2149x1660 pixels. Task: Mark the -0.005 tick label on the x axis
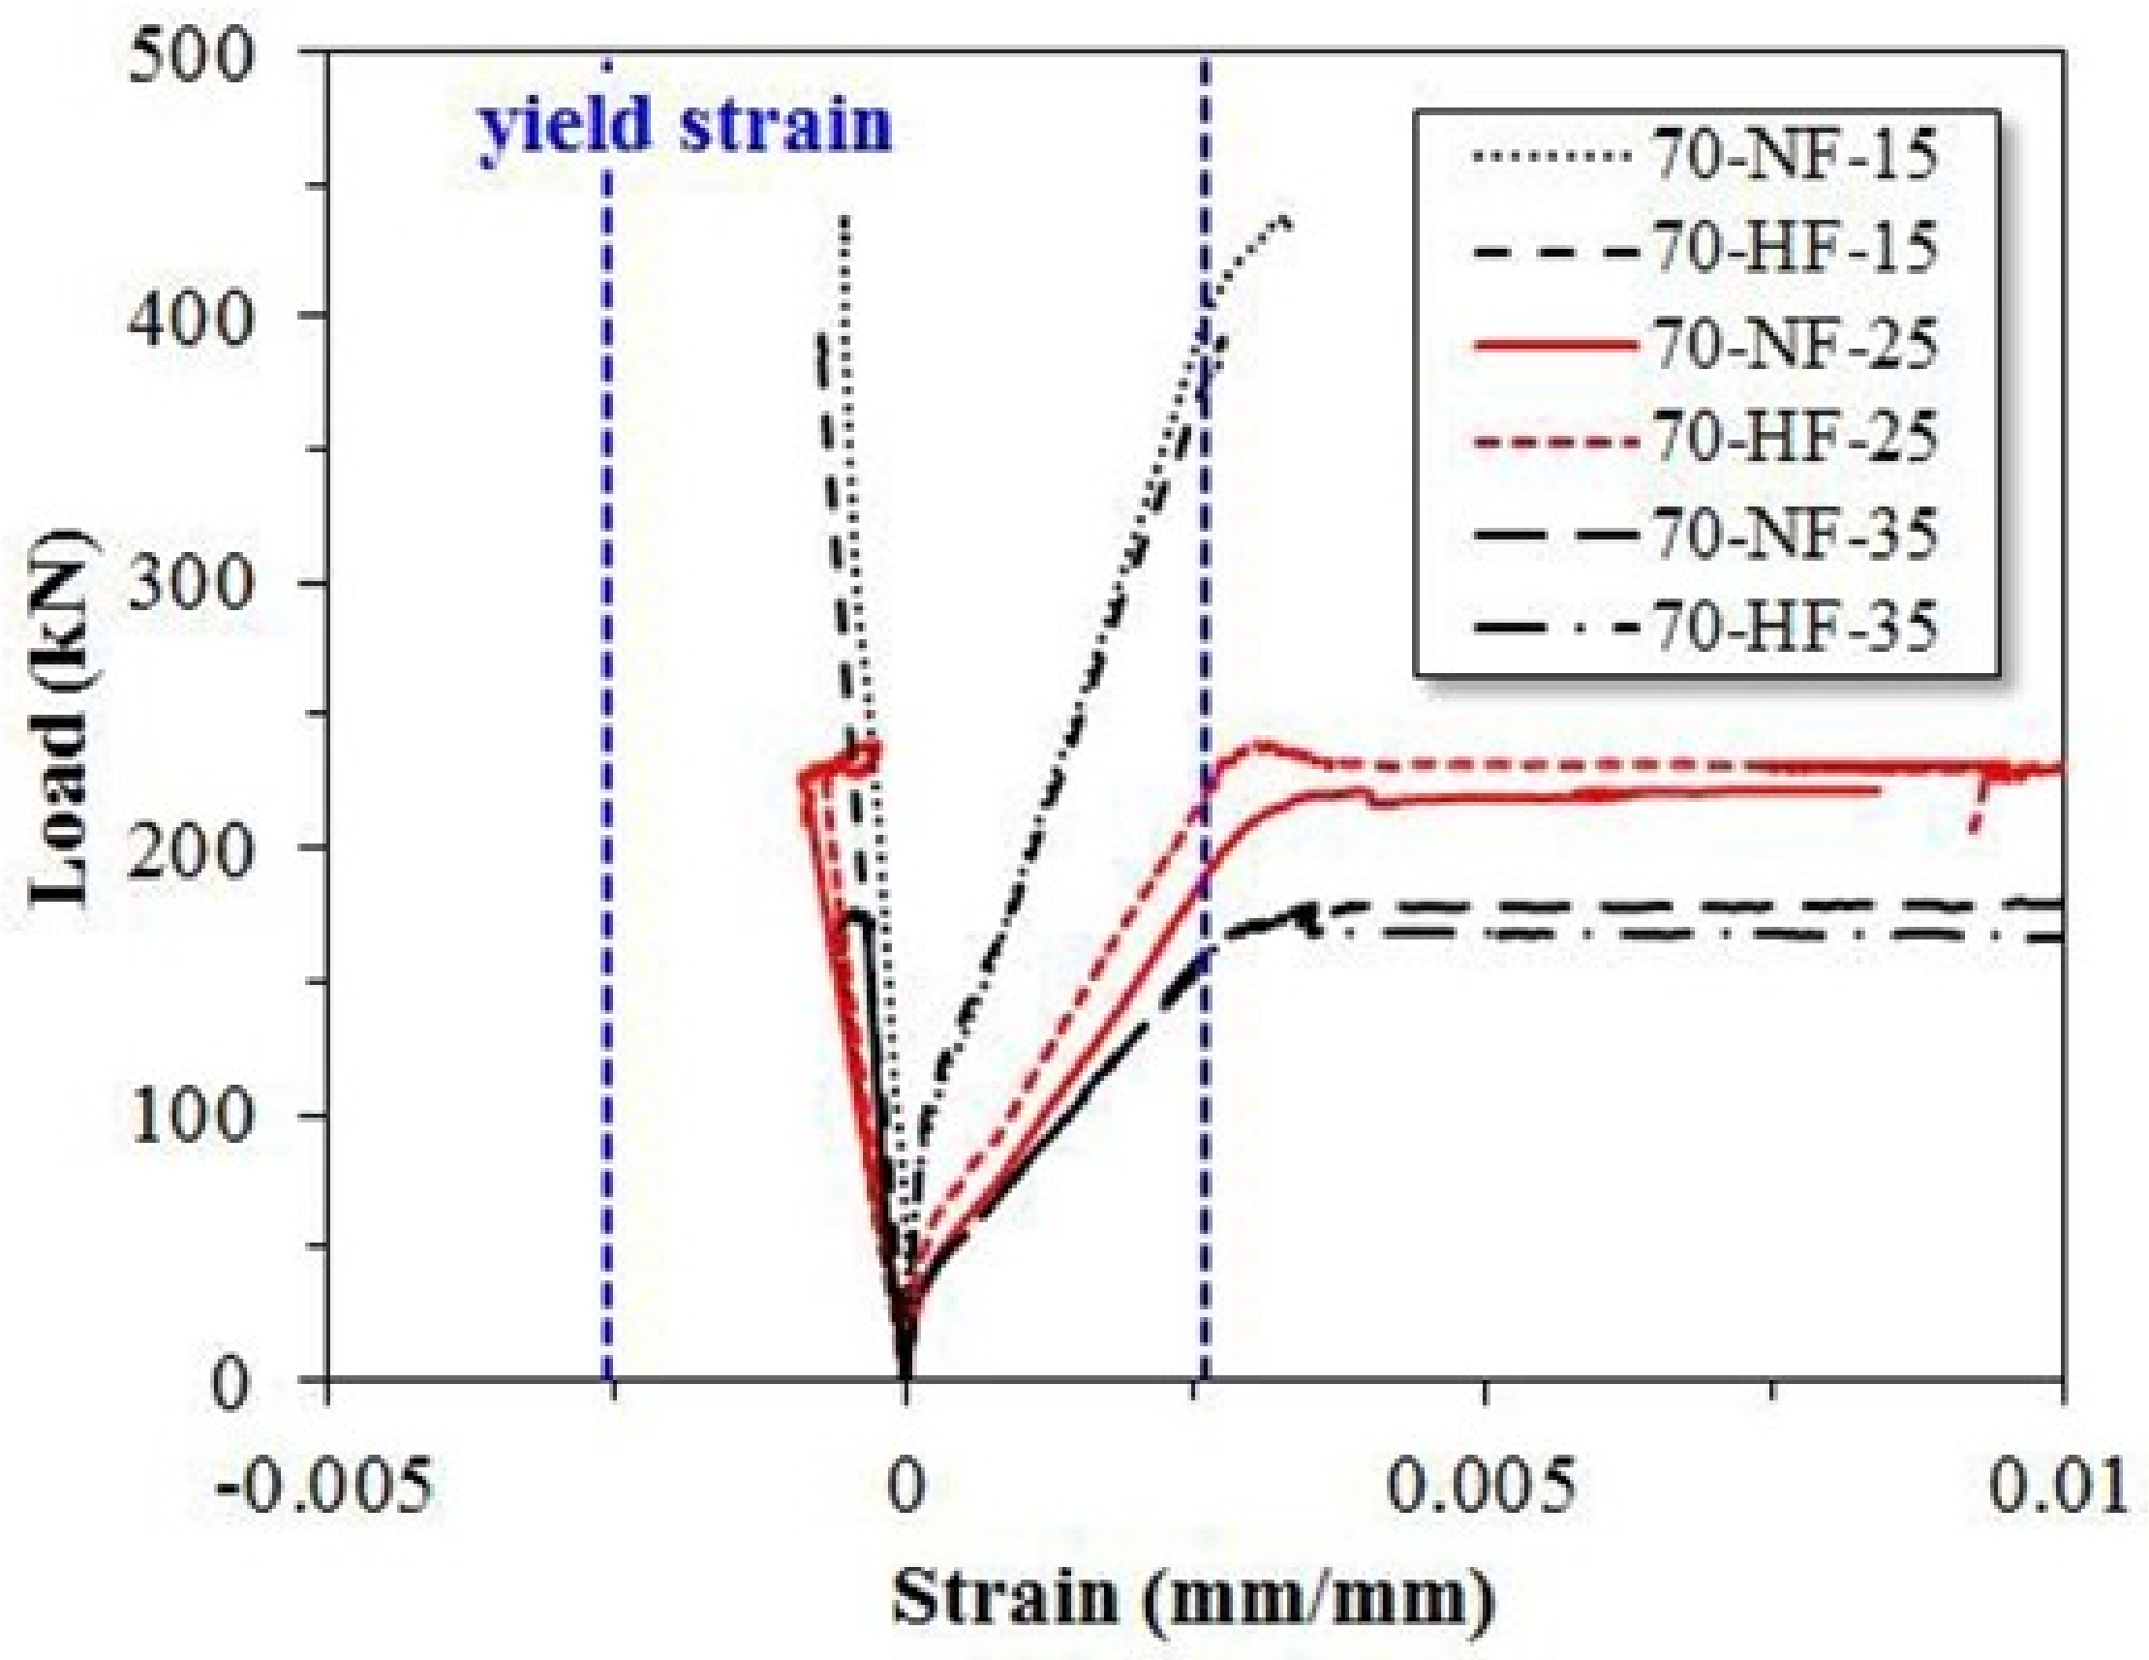tap(324, 1486)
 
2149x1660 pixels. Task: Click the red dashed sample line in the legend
tap(1554, 440)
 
